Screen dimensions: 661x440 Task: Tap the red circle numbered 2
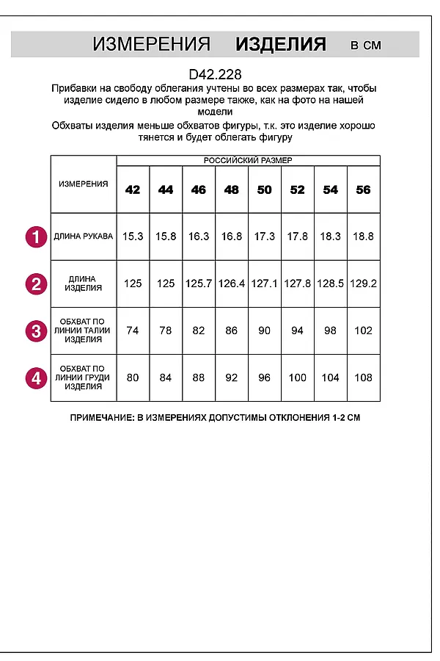pyautogui.click(x=35, y=283)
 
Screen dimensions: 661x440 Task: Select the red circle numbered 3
pyautogui.click(x=35, y=331)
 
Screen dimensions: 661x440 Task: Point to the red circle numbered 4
pyautogui.click(x=35, y=378)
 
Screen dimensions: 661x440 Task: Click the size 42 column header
pyautogui.click(x=133, y=189)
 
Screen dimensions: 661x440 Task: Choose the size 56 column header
pyautogui.click(x=363, y=189)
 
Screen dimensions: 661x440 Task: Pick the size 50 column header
pyautogui.click(x=264, y=189)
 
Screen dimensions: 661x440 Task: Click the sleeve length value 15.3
pyautogui.click(x=133, y=236)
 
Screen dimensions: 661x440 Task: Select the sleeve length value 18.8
pyautogui.click(x=363, y=236)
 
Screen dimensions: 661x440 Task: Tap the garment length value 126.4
pyautogui.click(x=231, y=283)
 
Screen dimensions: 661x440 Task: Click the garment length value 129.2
pyautogui.click(x=363, y=283)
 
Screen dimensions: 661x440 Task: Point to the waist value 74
pyautogui.click(x=133, y=330)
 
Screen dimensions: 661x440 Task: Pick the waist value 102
pyautogui.click(x=363, y=330)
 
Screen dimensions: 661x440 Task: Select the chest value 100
pyautogui.click(x=297, y=378)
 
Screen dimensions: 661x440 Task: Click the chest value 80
pyautogui.click(x=133, y=378)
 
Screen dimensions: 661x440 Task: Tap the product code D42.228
pyautogui.click(x=215, y=74)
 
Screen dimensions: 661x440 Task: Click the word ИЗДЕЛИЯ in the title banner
pyautogui.click(x=280, y=44)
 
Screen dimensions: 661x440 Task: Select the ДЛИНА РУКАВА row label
pyautogui.click(x=84, y=236)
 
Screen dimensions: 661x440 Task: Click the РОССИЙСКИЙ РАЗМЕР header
pyautogui.click(x=248, y=160)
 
